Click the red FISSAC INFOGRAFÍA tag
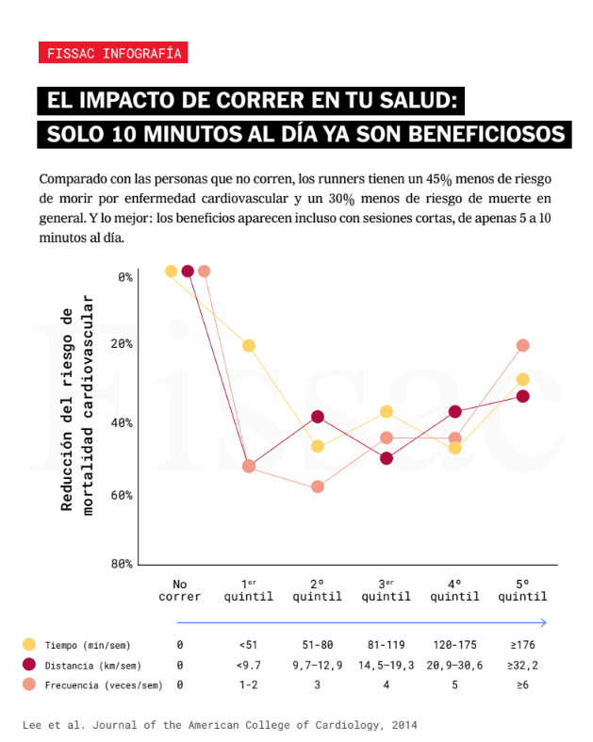pyautogui.click(x=113, y=53)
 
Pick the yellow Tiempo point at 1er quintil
pyautogui.click(x=249, y=345)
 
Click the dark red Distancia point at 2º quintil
pyautogui.click(x=318, y=417)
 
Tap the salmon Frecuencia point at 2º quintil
pyautogui.click(x=318, y=486)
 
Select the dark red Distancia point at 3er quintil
pyautogui.click(x=387, y=458)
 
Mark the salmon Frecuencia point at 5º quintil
pyautogui.click(x=523, y=345)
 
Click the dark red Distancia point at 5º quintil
pyautogui.click(x=523, y=396)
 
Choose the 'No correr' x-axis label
pyautogui.click(x=179, y=590)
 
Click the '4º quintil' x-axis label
pyautogui.click(x=454, y=590)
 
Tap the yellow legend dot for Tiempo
pyautogui.click(x=29, y=645)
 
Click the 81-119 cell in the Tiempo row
pyautogui.click(x=387, y=645)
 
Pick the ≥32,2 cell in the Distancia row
pyautogui.click(x=522, y=665)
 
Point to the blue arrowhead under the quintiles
pyautogui.click(x=543, y=622)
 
